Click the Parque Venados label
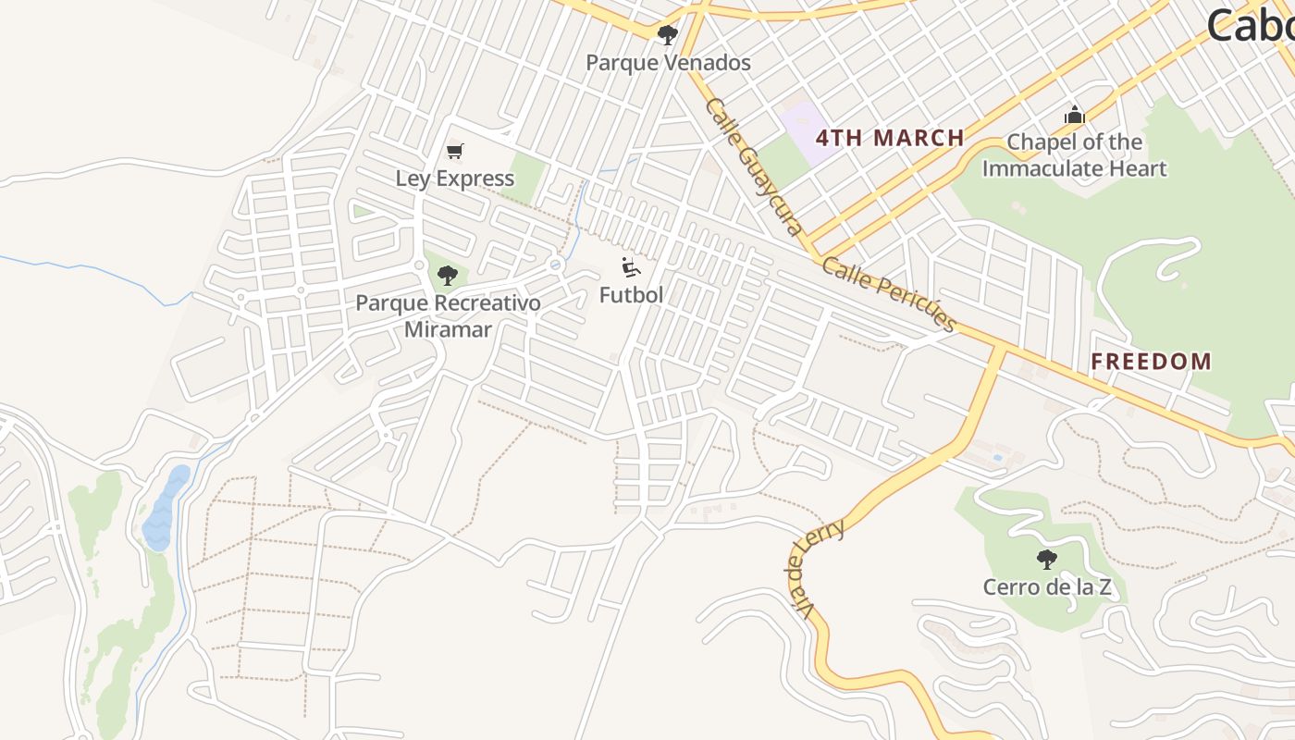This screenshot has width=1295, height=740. point(668,63)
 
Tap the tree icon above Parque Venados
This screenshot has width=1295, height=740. point(667,36)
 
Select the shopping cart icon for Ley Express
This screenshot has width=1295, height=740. point(454,151)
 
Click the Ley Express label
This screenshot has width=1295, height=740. point(454,179)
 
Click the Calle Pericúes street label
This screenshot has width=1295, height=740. point(888,293)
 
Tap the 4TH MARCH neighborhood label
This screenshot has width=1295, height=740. point(890,139)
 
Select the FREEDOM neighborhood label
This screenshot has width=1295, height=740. point(1151,362)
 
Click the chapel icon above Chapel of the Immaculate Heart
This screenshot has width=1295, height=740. point(1074,116)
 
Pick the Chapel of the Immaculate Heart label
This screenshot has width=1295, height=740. point(1074,155)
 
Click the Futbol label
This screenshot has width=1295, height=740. point(631,295)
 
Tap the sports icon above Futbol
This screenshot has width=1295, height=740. point(631,268)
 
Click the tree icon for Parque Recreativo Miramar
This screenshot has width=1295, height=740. point(448,275)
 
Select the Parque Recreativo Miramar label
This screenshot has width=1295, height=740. point(448,316)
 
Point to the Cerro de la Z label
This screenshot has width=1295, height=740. point(1046,587)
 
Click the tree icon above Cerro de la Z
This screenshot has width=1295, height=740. point(1046,559)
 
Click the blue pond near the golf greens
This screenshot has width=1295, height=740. point(165,509)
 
